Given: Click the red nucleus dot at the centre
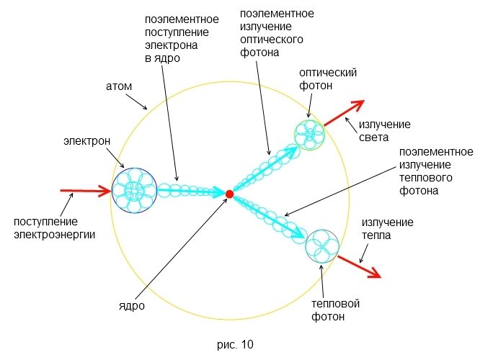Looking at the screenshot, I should click(229, 194).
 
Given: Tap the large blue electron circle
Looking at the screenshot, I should click(135, 191).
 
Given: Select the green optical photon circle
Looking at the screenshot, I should click(310, 134).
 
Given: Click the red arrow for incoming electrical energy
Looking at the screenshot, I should click(86, 192).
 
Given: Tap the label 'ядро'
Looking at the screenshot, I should click(132, 305).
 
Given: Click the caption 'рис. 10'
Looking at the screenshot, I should click(235, 344).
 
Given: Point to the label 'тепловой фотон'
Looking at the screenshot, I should click(335, 310).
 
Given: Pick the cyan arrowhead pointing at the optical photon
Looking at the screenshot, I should click(291, 152).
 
